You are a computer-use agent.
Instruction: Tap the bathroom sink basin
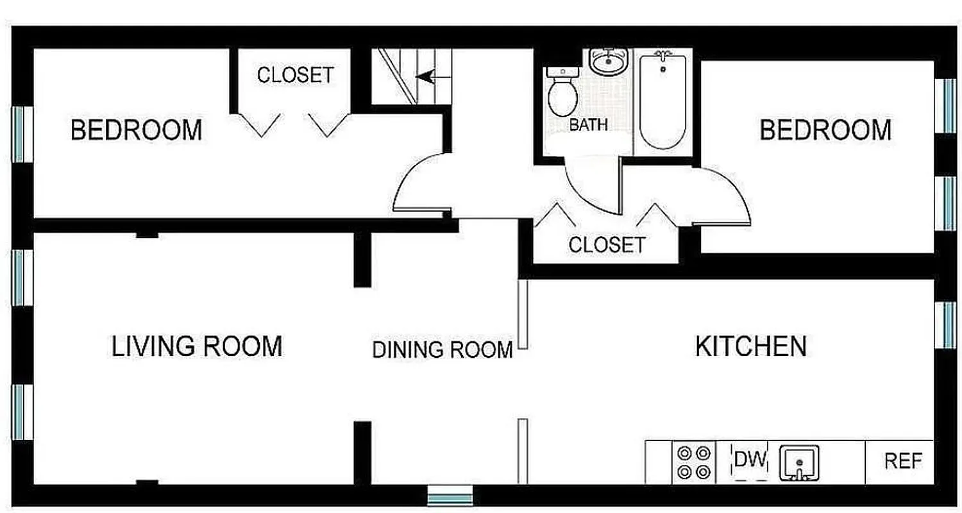pos(607,61)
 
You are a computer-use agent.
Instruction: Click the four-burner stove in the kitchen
pos(694,462)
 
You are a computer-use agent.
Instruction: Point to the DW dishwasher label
pos(750,460)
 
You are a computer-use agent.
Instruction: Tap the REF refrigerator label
pos(903,461)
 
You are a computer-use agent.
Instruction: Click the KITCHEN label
pos(751,346)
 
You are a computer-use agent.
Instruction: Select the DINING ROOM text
pos(443,350)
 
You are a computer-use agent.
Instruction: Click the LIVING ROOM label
pos(197,346)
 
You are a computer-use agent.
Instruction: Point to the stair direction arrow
pos(425,77)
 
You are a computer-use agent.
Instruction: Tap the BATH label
pos(588,124)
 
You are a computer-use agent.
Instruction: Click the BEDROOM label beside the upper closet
pos(136,130)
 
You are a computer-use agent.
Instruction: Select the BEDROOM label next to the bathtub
pos(825,130)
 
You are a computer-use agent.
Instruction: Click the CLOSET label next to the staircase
pos(296,75)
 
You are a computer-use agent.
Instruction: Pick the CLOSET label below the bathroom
pos(607,244)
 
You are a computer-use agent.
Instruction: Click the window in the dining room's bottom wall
pos(450,496)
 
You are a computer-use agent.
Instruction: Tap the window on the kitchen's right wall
pos(947,324)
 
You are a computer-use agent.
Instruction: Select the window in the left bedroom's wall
pos(23,134)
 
